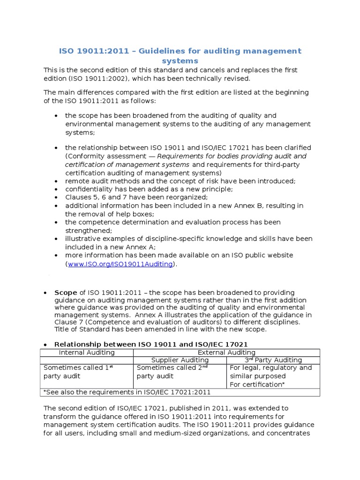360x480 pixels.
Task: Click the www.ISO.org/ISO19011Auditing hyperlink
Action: click(120, 264)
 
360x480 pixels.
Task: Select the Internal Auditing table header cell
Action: click(86, 352)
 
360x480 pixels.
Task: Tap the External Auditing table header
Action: click(226, 352)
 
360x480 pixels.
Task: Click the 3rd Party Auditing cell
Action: click(273, 360)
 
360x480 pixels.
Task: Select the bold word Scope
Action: click(65, 292)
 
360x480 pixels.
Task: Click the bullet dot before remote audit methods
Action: click(56, 181)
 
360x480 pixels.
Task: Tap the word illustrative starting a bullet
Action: click(82, 239)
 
